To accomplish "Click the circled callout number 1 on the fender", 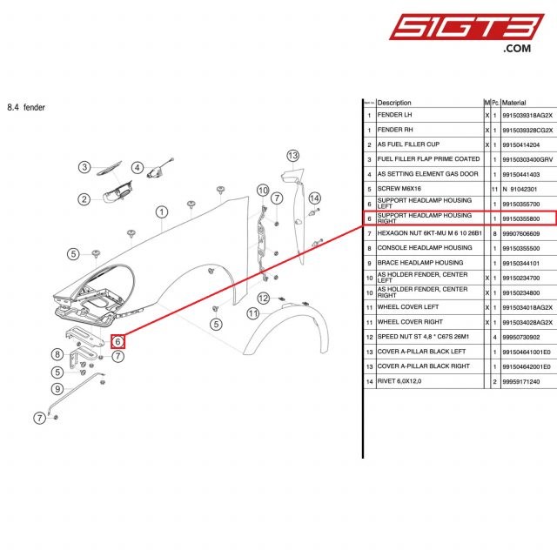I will click(x=161, y=211).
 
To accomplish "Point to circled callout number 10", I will click(x=262, y=190).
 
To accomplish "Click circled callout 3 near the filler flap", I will click(x=84, y=167).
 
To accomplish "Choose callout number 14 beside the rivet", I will click(x=314, y=198).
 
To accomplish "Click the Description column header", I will click(x=394, y=103).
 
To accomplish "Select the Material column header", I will click(x=514, y=103).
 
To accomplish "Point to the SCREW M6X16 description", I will click(x=399, y=189).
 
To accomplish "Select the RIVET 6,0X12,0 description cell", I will click(x=406, y=381).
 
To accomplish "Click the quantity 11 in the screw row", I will click(x=494, y=189).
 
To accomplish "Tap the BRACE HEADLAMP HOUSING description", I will click(x=420, y=263).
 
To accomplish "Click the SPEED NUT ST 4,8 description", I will click(x=423, y=337).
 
